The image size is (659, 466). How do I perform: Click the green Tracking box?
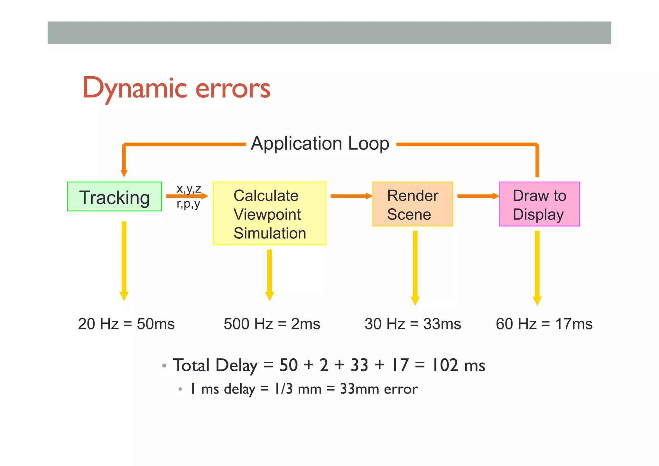[115, 197]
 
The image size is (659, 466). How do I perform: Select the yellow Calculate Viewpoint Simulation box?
[269, 214]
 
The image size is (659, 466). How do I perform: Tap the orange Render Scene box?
[413, 204]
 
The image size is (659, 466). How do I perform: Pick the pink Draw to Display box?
[539, 204]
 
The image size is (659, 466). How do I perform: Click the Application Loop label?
[320, 144]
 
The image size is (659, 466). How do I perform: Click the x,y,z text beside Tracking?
[189, 188]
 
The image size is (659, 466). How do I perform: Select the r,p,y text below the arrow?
[188, 204]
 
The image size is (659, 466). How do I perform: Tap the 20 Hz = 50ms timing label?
[126, 324]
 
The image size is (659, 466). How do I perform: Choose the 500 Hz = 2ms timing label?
[272, 324]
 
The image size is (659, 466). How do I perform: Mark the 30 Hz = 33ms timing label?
[413, 324]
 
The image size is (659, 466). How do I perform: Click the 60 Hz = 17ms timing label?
[544, 324]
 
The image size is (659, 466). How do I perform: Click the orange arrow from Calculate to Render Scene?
[351, 196]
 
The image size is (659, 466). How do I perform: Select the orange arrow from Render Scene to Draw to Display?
[478, 196]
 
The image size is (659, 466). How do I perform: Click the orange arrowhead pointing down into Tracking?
[124, 173]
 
